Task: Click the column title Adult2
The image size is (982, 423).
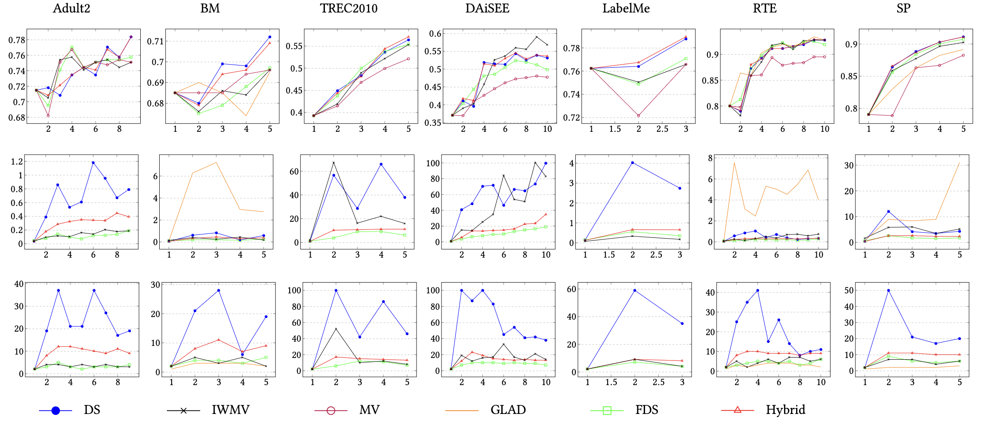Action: (x=71, y=8)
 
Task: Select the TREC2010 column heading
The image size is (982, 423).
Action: (x=349, y=8)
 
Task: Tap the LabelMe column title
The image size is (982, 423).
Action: (x=626, y=8)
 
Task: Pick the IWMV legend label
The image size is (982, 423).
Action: (x=230, y=410)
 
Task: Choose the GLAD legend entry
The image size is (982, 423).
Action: (x=508, y=410)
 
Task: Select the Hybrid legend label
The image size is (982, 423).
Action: (x=785, y=410)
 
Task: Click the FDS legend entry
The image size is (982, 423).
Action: (x=646, y=410)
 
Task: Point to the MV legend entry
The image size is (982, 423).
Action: (x=369, y=410)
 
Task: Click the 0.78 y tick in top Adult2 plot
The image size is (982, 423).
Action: (x=16, y=40)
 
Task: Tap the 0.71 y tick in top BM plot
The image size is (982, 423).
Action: (x=155, y=41)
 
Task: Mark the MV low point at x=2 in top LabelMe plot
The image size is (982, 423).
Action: (x=638, y=115)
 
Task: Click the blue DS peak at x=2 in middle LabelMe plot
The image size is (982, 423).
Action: (x=632, y=163)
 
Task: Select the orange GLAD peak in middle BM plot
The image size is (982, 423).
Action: (x=216, y=162)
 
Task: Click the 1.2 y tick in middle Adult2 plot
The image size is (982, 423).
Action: (x=17, y=162)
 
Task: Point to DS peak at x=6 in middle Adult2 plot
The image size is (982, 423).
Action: (x=93, y=163)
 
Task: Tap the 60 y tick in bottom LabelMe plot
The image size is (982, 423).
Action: (x=571, y=289)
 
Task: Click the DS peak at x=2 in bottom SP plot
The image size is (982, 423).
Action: (x=889, y=290)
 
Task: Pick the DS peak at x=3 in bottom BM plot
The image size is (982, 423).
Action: (x=219, y=290)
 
